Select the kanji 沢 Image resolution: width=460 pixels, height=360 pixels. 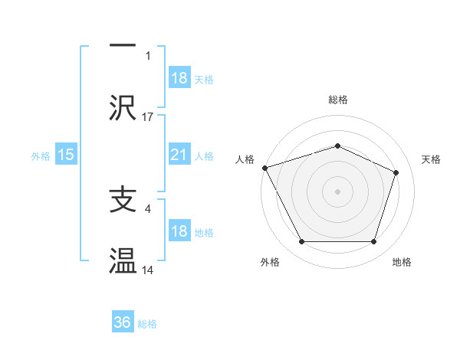click(x=123, y=109)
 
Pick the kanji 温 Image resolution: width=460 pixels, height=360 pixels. click(x=123, y=261)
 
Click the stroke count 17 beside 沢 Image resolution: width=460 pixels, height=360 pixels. click(x=148, y=117)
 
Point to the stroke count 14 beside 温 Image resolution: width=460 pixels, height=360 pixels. click(x=148, y=270)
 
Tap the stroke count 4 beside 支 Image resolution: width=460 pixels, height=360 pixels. click(x=148, y=208)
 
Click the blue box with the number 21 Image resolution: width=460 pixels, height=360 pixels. click(x=179, y=155)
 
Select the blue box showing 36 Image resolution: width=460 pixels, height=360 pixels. click(x=122, y=323)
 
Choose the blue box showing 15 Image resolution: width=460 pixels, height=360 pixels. click(x=66, y=155)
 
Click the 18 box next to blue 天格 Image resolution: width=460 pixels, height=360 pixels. click(x=179, y=78)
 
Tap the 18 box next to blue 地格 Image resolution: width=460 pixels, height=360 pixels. click(x=179, y=231)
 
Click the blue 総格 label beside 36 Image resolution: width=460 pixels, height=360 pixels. click(x=147, y=324)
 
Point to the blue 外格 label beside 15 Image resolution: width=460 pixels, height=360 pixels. click(x=41, y=155)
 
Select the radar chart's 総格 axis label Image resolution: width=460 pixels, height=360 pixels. click(x=337, y=100)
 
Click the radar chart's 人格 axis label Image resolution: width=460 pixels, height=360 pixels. click(x=245, y=159)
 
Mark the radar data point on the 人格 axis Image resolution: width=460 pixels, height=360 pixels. click(x=264, y=168)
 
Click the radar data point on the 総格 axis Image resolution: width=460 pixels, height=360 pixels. click(x=337, y=146)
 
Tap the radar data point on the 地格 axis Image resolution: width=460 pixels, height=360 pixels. click(x=373, y=242)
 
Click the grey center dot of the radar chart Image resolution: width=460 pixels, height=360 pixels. click(x=337, y=191)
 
